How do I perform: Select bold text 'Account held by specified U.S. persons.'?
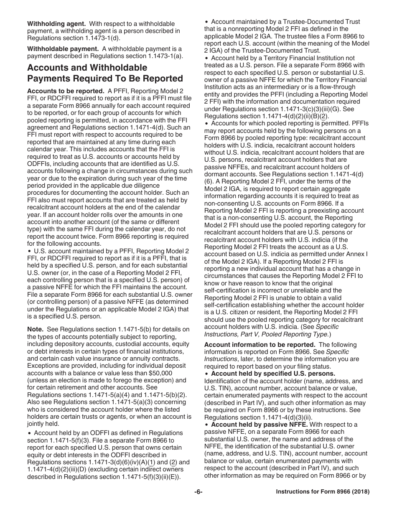273,374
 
